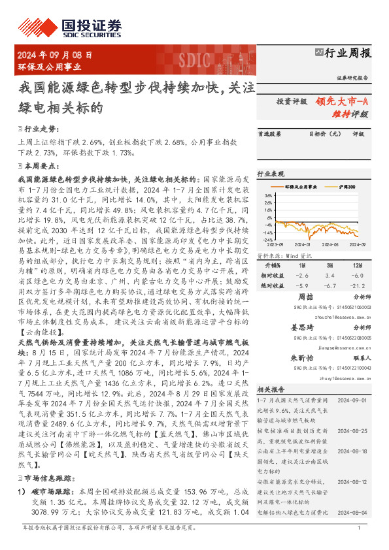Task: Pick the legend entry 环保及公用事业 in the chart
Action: (x=301, y=187)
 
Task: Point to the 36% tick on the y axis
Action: (x=269, y=195)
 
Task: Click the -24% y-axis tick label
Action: (x=267, y=239)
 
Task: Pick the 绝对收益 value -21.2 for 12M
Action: (x=357, y=285)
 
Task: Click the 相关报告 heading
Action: (x=269, y=388)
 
